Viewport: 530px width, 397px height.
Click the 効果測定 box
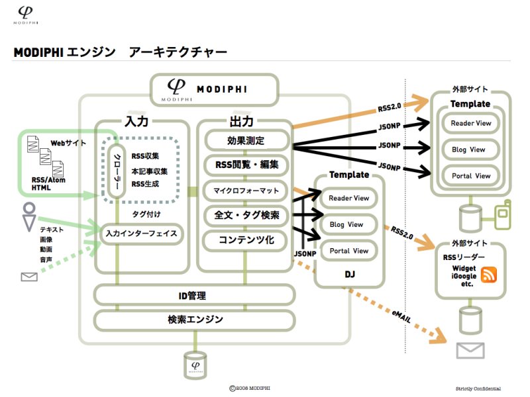coord(246,140)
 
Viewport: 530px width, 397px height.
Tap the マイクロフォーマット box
coord(246,191)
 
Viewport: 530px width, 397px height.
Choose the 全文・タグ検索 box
coord(246,215)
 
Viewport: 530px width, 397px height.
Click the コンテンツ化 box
coord(246,240)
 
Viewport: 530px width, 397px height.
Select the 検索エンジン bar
coord(195,320)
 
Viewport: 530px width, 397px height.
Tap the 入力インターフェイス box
coord(141,234)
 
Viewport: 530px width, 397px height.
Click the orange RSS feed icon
coord(490,275)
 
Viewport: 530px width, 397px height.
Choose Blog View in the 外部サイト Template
coord(469,150)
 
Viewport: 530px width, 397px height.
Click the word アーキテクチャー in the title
coord(179,52)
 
